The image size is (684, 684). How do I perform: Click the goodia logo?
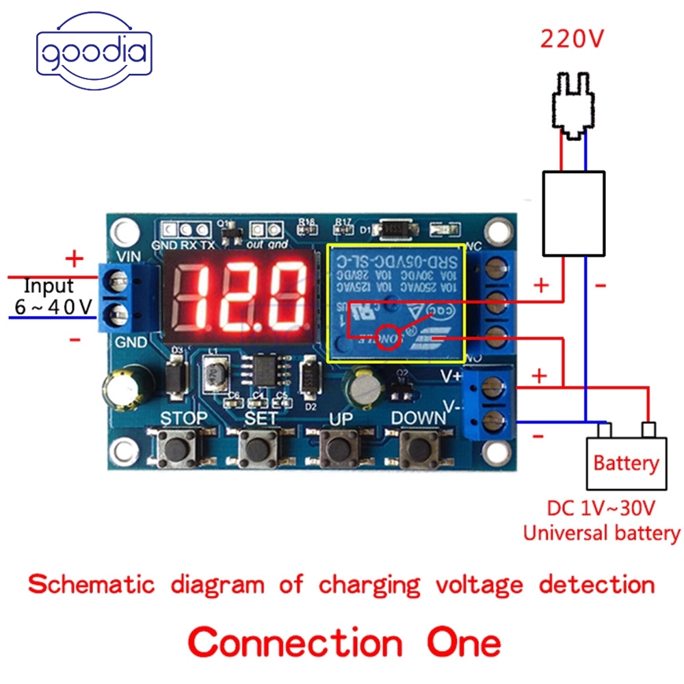coord(93,53)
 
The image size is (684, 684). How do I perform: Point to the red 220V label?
coord(573,39)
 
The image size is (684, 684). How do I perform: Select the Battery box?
coord(626,462)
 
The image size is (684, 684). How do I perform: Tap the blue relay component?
coord(396,304)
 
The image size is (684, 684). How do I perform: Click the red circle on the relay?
coord(390,339)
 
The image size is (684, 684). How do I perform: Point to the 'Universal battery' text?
coord(601,533)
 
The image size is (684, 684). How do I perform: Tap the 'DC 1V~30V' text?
coord(601,509)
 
